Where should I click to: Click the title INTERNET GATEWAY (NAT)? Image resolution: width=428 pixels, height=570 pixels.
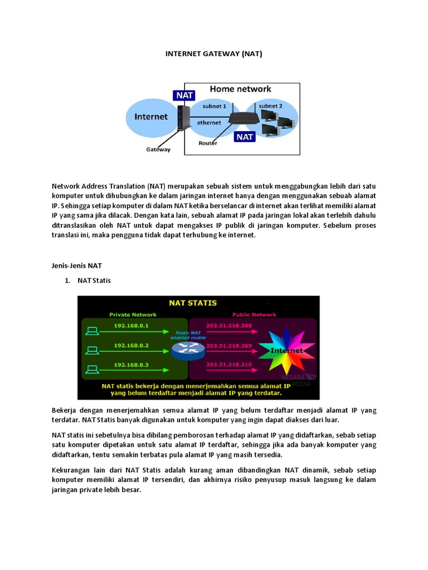[214, 54]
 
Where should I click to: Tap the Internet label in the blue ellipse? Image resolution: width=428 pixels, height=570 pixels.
[151, 117]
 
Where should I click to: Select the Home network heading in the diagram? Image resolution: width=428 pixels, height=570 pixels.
[240, 89]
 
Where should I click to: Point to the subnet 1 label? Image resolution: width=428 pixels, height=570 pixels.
[215, 106]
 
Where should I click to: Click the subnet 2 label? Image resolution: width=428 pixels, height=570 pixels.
[271, 106]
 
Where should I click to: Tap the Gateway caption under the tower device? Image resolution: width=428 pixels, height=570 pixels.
[158, 149]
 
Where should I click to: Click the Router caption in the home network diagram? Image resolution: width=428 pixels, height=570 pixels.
[208, 143]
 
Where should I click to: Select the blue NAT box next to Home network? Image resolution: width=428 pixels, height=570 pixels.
[184, 95]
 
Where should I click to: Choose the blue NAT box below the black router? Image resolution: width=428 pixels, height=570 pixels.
[245, 136]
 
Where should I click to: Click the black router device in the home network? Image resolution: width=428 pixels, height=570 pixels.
[241, 117]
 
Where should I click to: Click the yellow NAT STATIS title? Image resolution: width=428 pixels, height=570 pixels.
[193, 303]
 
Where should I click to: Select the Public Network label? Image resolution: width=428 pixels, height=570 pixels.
[254, 315]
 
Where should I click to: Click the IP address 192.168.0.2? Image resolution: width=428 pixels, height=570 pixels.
[132, 345]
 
